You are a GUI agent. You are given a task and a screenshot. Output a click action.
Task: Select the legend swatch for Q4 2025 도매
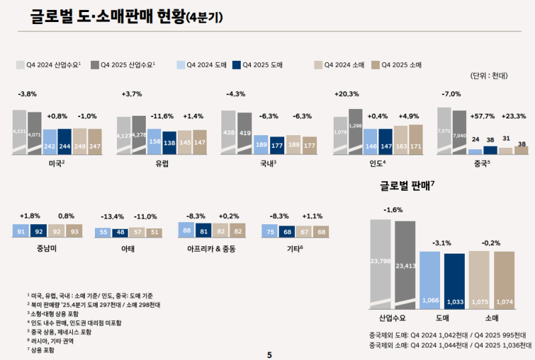click(237, 65)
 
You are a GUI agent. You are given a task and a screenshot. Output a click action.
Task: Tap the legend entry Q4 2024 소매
click(338, 65)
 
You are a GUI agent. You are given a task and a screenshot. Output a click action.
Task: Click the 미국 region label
click(57, 163)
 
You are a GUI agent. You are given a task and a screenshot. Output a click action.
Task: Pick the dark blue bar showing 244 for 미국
click(64, 142)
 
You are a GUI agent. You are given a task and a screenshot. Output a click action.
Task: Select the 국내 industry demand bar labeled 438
click(228, 132)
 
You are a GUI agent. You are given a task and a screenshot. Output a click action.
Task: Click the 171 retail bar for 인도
click(415, 140)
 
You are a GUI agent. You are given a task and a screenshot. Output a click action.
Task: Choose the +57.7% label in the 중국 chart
click(484, 116)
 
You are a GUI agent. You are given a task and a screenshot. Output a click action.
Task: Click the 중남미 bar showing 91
click(20, 232)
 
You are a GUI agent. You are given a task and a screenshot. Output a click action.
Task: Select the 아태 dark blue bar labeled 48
click(120, 232)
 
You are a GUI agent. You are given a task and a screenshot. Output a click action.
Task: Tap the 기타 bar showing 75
click(270, 232)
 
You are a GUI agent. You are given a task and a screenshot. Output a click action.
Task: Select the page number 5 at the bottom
click(269, 354)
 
